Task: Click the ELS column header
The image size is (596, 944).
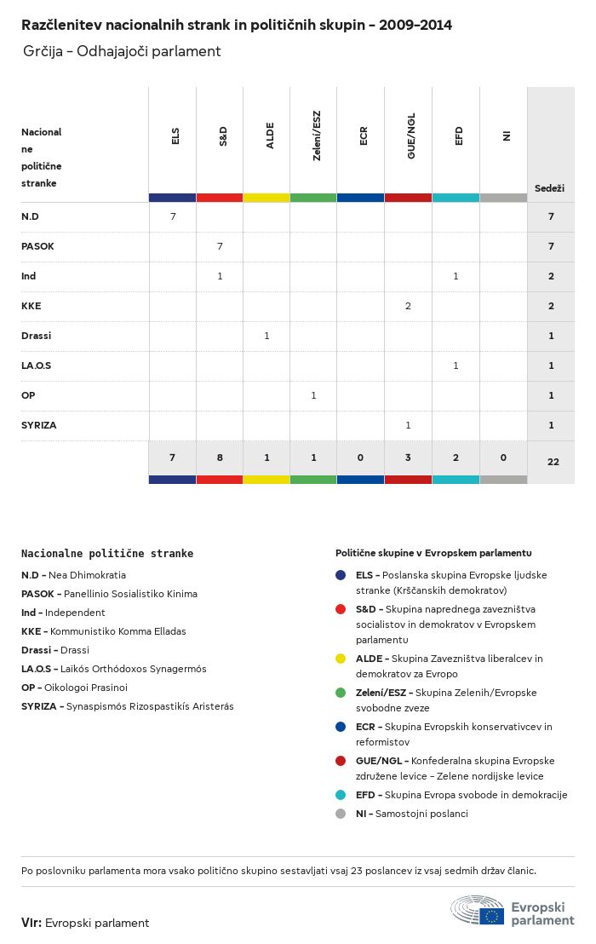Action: tap(175, 135)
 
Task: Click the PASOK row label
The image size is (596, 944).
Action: tap(37, 246)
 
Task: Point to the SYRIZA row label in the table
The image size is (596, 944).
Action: tap(39, 425)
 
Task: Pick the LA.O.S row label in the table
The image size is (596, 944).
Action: tap(37, 366)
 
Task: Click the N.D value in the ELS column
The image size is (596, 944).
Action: tap(173, 216)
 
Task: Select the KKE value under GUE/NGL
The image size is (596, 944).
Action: tap(409, 306)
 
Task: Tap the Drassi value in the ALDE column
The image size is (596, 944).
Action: tap(266, 336)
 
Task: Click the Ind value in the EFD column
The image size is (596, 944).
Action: tap(456, 276)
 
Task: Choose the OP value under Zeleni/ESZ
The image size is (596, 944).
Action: tap(313, 395)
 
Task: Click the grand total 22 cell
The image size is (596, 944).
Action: tap(553, 462)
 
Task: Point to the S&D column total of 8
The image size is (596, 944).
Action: tap(220, 458)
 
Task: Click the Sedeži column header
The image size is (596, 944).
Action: tap(549, 188)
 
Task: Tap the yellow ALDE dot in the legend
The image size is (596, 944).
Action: tap(341, 659)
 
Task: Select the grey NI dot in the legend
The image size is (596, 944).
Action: tap(341, 814)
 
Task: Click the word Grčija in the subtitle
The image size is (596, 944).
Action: tap(42, 52)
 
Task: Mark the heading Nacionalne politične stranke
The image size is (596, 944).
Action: tap(107, 553)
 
